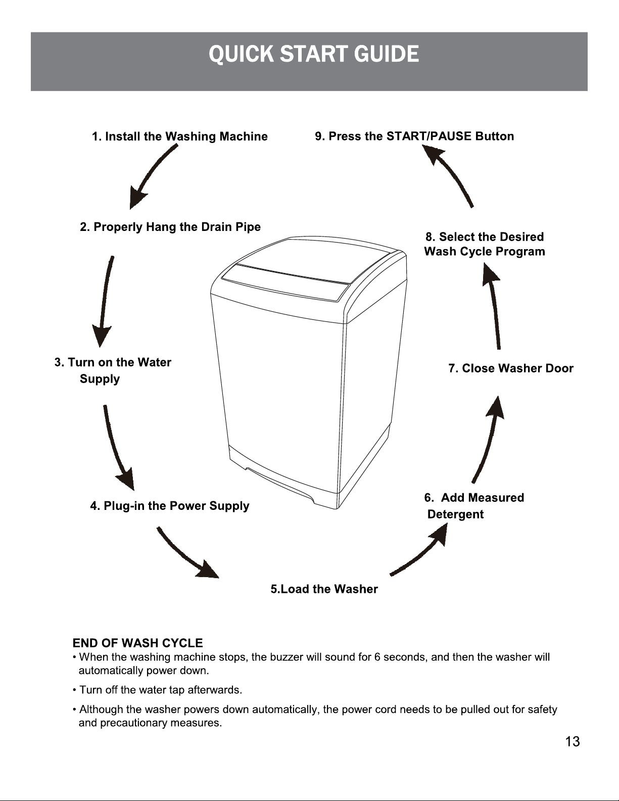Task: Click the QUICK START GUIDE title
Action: pyautogui.click(x=314, y=54)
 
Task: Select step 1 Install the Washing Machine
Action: pyautogui.click(x=180, y=136)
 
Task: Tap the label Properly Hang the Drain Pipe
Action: pyautogui.click(x=170, y=227)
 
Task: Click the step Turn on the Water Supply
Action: pyautogui.click(x=113, y=370)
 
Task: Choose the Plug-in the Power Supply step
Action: pyautogui.click(x=170, y=506)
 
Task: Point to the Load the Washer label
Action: pyautogui.click(x=324, y=589)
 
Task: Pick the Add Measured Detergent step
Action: pyautogui.click(x=474, y=506)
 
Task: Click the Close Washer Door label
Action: pyautogui.click(x=511, y=368)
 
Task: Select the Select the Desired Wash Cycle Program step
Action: pyautogui.click(x=485, y=244)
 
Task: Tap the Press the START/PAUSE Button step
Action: pyautogui.click(x=414, y=136)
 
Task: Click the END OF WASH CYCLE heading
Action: pyautogui.click(x=138, y=643)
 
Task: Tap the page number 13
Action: pyautogui.click(x=573, y=741)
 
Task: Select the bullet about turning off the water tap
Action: pyautogui.click(x=158, y=690)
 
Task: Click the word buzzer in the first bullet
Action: pyautogui.click(x=287, y=657)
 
